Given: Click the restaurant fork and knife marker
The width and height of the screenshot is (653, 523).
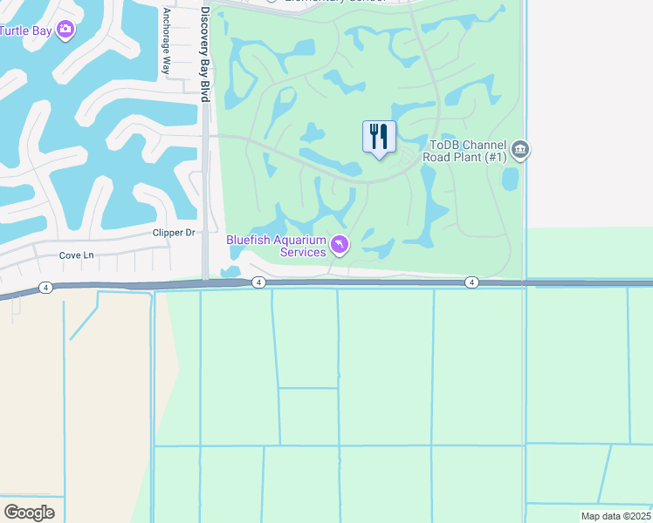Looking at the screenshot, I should pyautogui.click(x=379, y=137).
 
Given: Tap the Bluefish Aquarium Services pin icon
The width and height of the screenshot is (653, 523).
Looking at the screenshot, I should pyautogui.click(x=340, y=245).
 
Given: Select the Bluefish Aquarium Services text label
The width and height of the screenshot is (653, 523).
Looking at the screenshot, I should pyautogui.click(x=276, y=246).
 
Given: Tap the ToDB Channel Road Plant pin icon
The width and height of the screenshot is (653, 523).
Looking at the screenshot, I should pyautogui.click(x=520, y=150).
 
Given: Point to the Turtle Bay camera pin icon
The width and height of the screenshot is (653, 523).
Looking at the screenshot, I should pyautogui.click(x=65, y=31).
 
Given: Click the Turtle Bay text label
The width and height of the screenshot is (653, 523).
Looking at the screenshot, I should pyautogui.click(x=25, y=31).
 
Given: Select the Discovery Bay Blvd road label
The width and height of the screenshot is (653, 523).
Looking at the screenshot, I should pyautogui.click(x=205, y=54).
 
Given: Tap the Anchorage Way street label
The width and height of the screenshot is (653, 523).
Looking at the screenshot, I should pyautogui.click(x=166, y=42).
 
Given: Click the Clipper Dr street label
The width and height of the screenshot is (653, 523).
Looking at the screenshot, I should pyautogui.click(x=173, y=233).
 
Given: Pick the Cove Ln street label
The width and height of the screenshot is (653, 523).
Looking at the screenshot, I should pyautogui.click(x=76, y=255).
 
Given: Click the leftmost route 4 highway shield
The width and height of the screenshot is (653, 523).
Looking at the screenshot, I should pyautogui.click(x=45, y=287).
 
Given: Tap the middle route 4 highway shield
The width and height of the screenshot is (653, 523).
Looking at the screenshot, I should pyautogui.click(x=258, y=282).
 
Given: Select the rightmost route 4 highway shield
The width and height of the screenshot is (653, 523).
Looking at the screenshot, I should pyautogui.click(x=471, y=282).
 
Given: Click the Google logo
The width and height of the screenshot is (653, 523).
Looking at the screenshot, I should pyautogui.click(x=30, y=513).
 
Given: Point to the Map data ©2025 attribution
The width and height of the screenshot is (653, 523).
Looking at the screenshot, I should pyautogui.click(x=615, y=516).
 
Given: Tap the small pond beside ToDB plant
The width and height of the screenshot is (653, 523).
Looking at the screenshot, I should pyautogui.click(x=510, y=179).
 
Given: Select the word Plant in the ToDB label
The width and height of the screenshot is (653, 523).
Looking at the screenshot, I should pyautogui.click(x=478, y=158).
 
